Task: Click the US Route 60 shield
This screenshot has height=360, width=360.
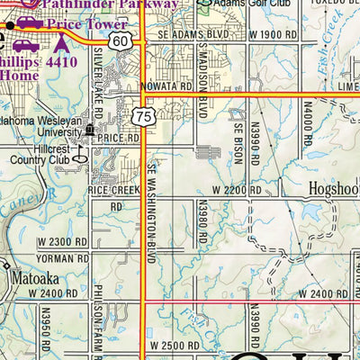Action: [x=121, y=42]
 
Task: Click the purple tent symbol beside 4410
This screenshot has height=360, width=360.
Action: [x=61, y=42]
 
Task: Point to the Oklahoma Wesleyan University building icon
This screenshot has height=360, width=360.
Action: [x=89, y=130]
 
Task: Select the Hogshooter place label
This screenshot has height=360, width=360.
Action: [x=323, y=191]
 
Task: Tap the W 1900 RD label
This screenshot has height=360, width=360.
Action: [x=274, y=33]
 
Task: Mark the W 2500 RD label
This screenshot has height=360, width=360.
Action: [x=172, y=346]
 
